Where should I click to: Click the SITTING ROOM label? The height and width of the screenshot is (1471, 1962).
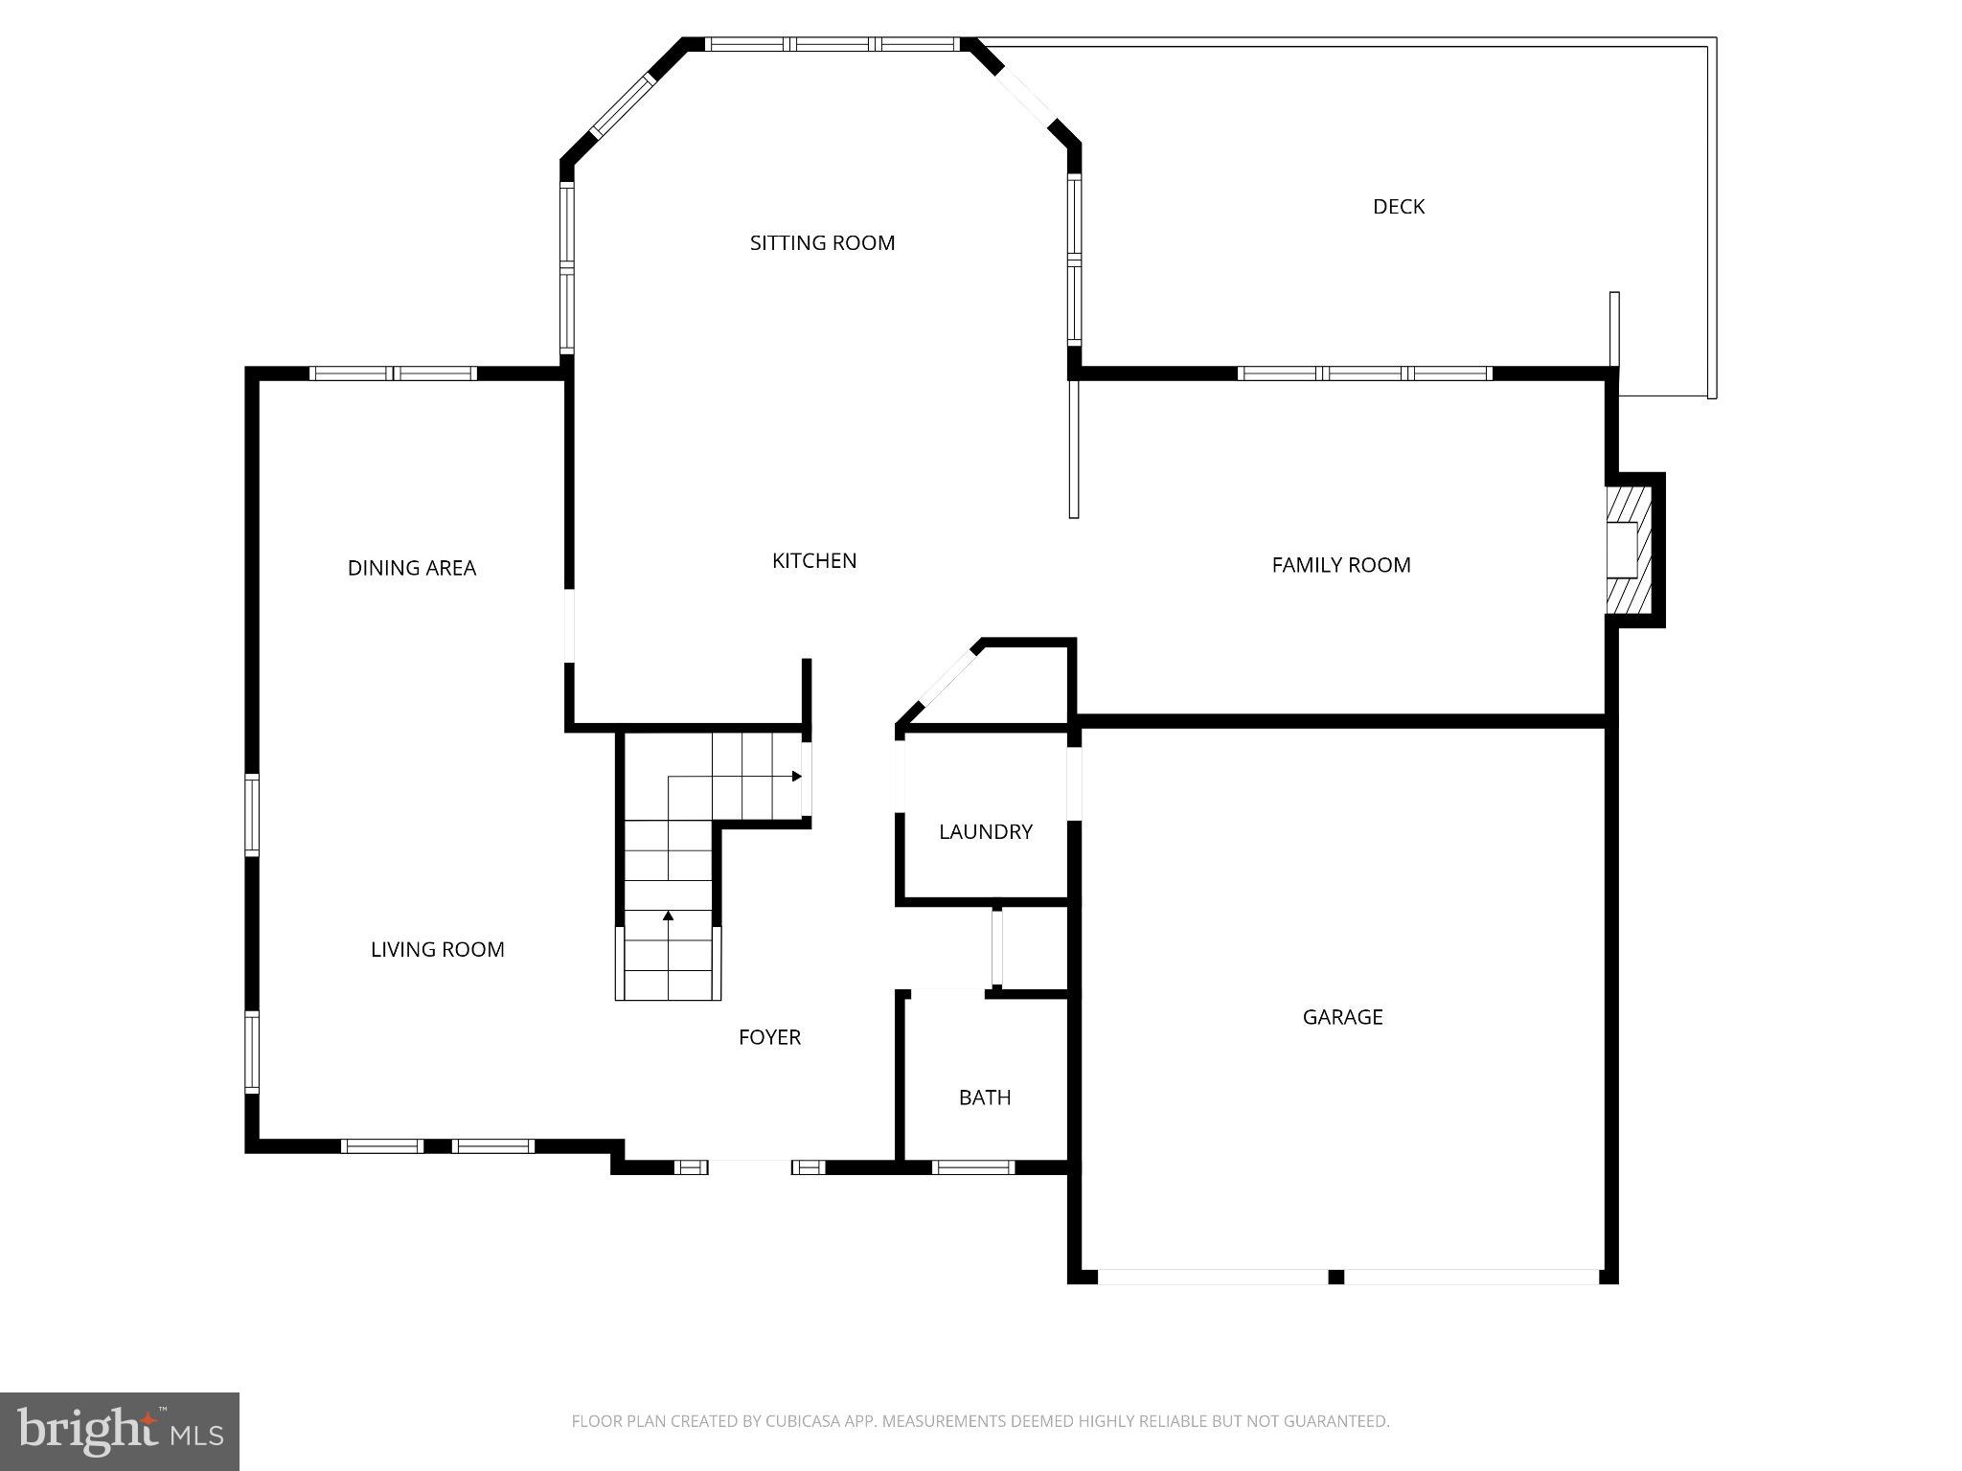pos(822,243)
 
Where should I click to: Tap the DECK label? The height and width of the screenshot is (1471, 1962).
pos(1398,207)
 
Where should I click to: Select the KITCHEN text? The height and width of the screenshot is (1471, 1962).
pos(814,561)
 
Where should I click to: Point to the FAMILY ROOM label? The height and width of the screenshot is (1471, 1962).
pos(1340,565)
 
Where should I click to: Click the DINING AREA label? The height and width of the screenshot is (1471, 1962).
pos(411,569)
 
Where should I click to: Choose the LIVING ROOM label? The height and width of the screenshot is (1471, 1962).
pos(437,950)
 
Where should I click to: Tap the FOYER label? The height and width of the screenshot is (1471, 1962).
pos(769,1037)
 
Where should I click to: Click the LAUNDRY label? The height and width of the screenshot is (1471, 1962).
pos(985,832)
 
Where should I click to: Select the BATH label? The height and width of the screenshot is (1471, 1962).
pos(985,1098)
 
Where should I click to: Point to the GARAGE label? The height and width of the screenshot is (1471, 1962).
pos(1342,1017)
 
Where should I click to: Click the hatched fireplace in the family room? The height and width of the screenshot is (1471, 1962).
pos(1629,550)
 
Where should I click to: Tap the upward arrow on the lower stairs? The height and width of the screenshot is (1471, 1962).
pos(668,917)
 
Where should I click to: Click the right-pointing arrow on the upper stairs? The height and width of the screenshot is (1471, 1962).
pos(796,776)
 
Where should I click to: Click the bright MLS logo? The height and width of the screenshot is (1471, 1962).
pos(120,1431)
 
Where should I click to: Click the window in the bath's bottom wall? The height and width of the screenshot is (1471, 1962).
pos(972,1166)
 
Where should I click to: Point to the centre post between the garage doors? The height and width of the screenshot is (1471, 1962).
pos(1335,1277)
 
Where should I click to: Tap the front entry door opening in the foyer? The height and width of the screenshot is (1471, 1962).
pos(749,1166)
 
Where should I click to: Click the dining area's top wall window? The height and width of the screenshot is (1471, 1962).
pos(393,373)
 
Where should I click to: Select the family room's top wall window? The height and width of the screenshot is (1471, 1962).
pos(1364,373)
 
